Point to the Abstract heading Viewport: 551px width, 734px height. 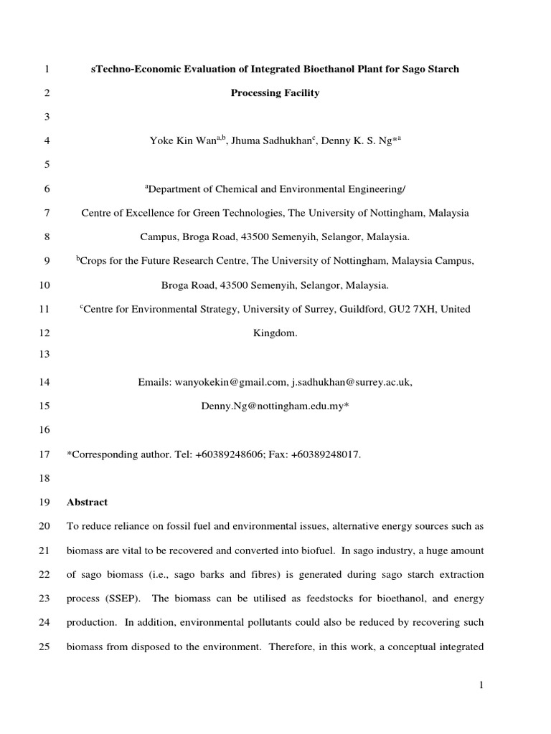coord(87,502)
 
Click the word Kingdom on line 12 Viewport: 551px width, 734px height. coord(275,333)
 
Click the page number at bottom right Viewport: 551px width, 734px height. coord(482,686)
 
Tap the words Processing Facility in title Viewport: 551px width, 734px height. coord(275,93)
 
